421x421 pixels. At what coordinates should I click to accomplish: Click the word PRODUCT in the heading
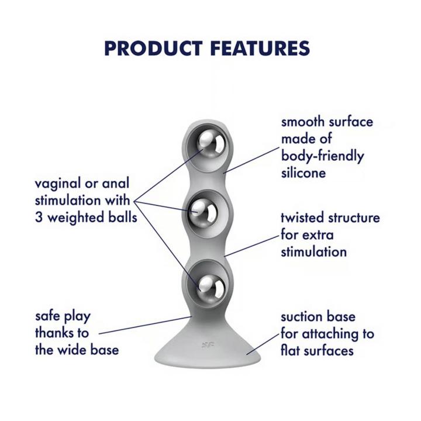pos(153,49)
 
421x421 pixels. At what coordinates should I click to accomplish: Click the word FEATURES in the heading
pos(260,49)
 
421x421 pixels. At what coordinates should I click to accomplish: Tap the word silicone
pos(303,172)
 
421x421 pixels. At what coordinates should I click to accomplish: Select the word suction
pos(303,317)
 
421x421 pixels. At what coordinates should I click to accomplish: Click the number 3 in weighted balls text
pos(39,218)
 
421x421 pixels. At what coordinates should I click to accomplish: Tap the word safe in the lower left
pos(47,316)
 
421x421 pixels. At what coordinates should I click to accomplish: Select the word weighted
pos(75,218)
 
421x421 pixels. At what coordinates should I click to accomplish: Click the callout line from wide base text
pos(145,326)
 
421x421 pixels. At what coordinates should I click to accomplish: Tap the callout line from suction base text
pos(263,344)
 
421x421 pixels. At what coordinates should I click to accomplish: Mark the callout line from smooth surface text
pos(251,160)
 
